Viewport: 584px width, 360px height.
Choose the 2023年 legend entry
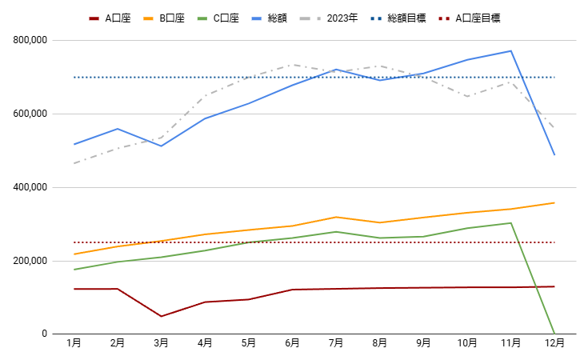(336, 18)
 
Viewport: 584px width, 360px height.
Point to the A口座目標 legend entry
(478, 18)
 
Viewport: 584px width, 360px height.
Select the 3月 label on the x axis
(161, 343)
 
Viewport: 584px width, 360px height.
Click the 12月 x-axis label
(554, 343)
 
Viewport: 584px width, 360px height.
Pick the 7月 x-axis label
(336, 343)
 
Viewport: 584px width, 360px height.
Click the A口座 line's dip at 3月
(161, 316)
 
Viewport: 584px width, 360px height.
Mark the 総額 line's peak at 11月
(510, 51)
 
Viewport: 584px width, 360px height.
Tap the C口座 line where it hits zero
(554, 334)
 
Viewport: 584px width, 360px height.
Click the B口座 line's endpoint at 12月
(554, 202)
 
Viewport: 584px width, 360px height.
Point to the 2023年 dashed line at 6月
(292, 65)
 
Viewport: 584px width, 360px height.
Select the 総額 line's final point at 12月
(554, 154)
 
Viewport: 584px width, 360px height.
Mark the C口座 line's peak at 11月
(510, 223)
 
